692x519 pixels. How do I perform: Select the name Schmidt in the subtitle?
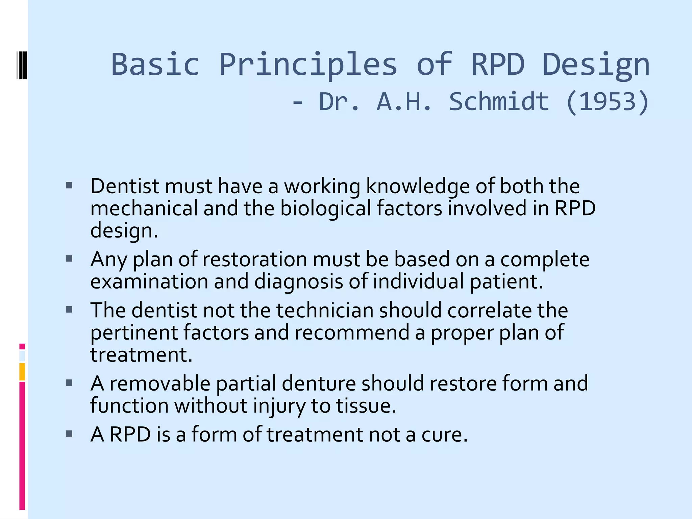click(499, 101)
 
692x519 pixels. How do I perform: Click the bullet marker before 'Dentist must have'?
click(69, 185)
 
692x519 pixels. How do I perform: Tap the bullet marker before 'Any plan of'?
click(69, 259)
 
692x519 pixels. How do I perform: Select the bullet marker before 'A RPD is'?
click(69, 434)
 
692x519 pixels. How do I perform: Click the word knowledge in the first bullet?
click(418, 187)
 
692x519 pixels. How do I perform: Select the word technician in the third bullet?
click(325, 310)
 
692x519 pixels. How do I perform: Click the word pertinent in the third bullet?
click(134, 332)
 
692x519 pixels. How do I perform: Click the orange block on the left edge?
click(22, 371)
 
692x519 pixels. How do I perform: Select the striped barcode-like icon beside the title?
click(22, 65)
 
